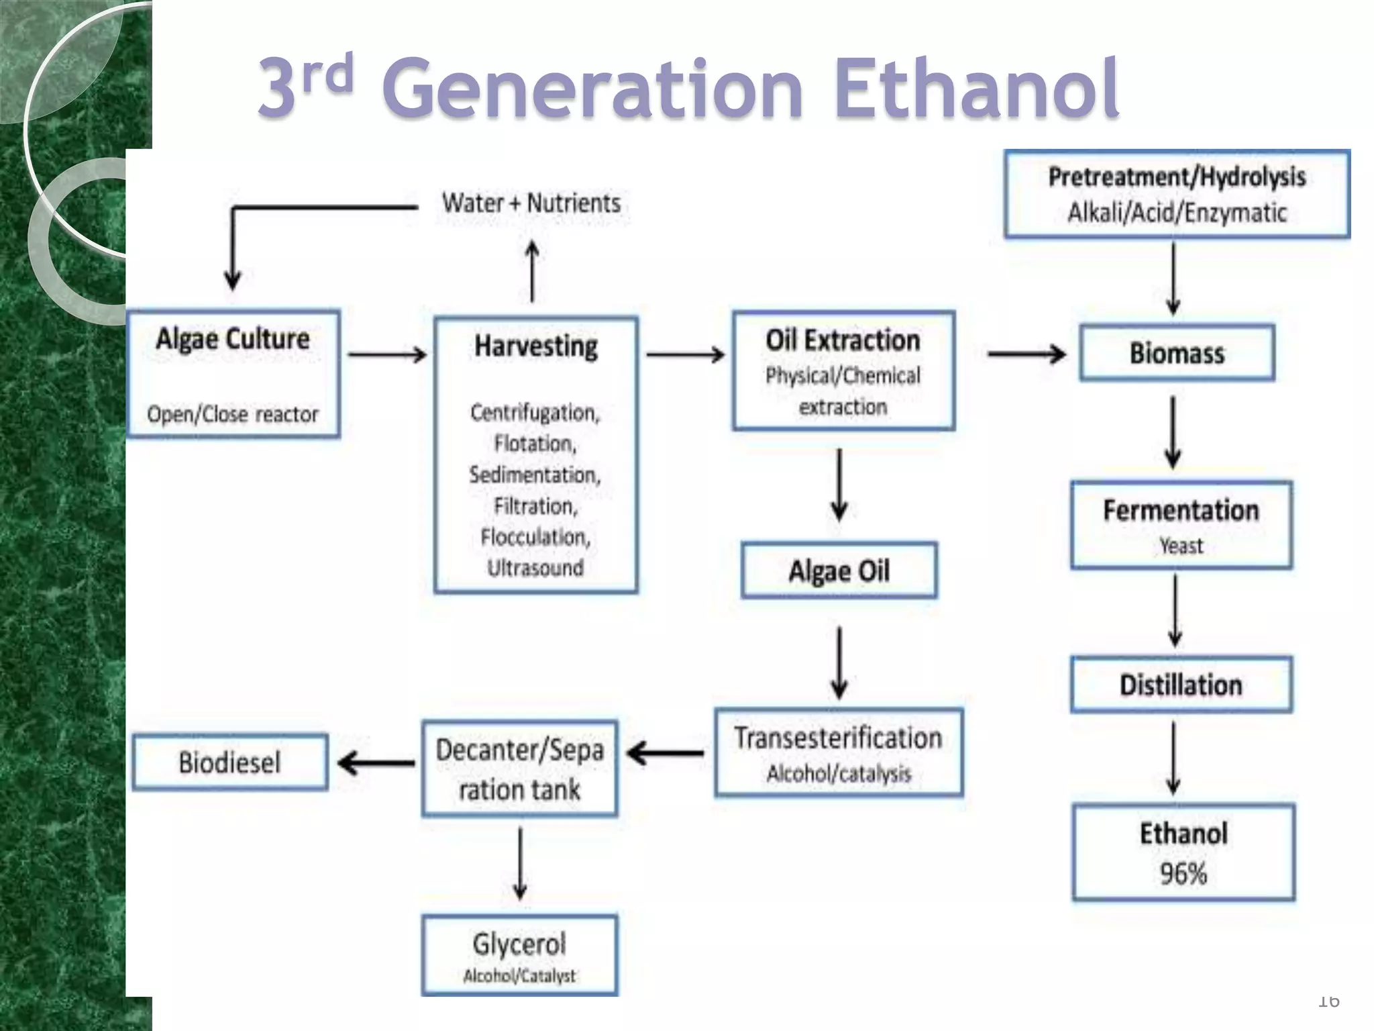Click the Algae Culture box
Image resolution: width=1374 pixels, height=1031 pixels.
(233, 373)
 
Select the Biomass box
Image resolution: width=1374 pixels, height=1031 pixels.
(1177, 353)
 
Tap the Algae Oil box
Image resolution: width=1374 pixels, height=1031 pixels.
(839, 571)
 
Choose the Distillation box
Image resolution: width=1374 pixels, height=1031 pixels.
(1181, 685)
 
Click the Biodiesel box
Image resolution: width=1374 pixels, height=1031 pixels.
(230, 762)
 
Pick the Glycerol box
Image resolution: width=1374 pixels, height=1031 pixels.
(519, 954)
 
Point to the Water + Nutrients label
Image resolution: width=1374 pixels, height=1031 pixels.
(531, 203)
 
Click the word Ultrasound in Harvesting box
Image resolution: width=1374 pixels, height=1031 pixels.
(535, 568)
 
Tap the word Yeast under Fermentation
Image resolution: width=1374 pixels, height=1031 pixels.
(1181, 546)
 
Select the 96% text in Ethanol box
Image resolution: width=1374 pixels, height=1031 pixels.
(1183, 873)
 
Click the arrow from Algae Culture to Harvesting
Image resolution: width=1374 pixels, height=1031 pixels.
(388, 354)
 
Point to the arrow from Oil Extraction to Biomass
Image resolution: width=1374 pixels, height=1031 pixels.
(1026, 354)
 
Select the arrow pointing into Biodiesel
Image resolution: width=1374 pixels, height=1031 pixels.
(376, 763)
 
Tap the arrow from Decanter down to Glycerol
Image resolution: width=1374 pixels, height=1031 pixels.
(520, 863)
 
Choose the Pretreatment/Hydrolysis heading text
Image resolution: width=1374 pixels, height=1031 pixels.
(1177, 177)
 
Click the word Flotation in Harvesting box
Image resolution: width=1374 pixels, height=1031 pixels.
(535, 444)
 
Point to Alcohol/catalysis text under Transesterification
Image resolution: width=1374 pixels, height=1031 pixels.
(839, 774)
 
